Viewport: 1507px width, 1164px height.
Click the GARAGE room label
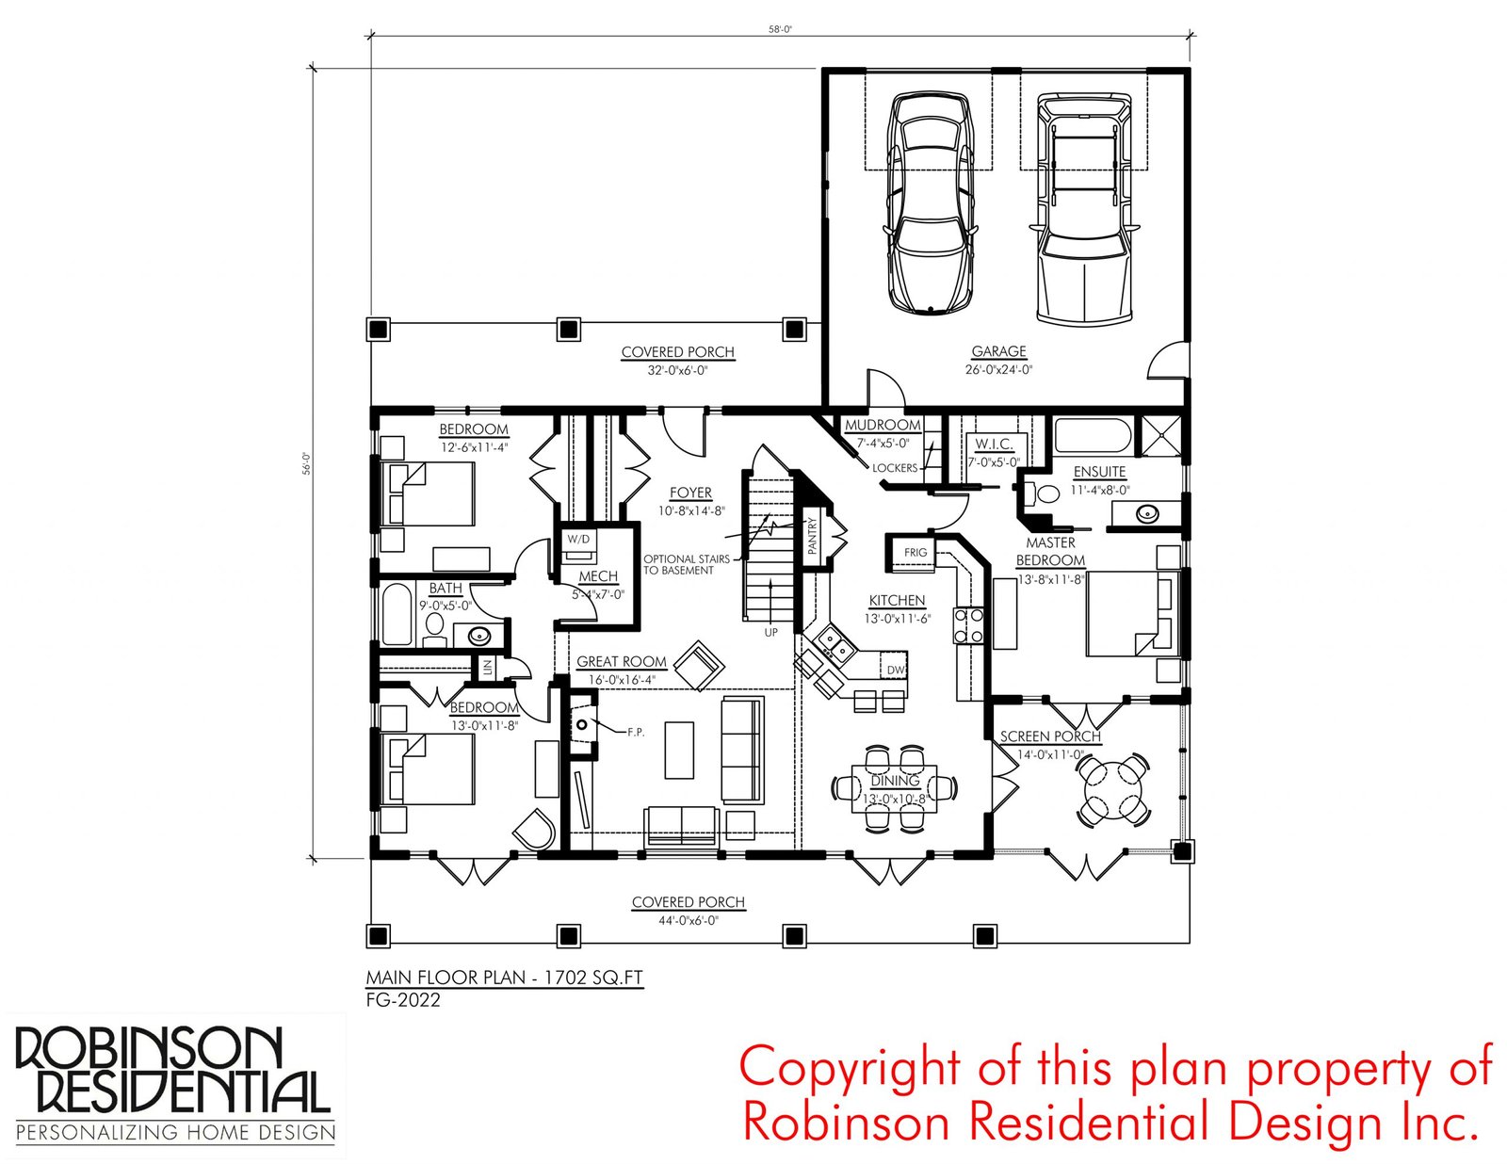point(998,351)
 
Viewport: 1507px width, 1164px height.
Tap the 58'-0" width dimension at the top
point(780,29)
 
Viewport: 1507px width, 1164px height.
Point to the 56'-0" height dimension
point(306,463)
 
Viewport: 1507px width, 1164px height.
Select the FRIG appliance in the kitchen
point(916,553)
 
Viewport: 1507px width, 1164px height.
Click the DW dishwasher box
point(896,670)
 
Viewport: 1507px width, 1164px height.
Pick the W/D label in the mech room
point(578,539)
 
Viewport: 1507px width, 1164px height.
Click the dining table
point(895,788)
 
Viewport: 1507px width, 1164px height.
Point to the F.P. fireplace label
point(636,732)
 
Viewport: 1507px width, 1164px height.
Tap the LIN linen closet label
point(488,668)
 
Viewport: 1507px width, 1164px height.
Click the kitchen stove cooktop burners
point(968,625)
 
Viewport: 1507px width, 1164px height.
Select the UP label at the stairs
point(770,632)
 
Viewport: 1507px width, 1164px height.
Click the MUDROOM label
point(883,425)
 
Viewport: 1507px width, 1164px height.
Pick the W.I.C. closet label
point(994,444)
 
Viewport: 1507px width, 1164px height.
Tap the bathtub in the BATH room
point(397,614)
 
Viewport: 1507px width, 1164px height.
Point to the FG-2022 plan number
point(403,1000)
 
